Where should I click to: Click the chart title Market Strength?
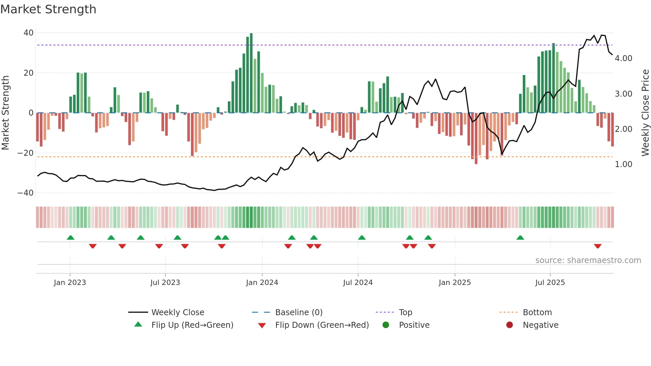coord(48,9)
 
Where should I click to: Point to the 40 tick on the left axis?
coord(29,33)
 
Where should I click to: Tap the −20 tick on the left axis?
coord(26,153)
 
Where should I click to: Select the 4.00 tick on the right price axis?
coord(623,58)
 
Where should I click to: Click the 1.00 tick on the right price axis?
coord(623,164)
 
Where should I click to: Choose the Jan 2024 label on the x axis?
coord(262,283)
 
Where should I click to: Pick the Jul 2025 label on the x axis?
coord(550,283)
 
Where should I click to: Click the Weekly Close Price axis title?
coord(645,113)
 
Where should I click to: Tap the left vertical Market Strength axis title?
coord(5,113)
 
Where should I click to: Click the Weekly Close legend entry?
coord(177,313)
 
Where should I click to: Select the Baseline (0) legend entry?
coord(299,313)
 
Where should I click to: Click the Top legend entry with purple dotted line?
coord(405,313)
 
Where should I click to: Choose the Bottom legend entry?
coord(537,313)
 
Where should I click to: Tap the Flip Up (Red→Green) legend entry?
coord(192,325)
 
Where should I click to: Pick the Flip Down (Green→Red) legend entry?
coord(322,325)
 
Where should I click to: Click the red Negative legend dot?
coord(510,325)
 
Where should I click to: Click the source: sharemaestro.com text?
coord(588,260)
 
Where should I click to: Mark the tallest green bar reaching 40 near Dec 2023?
coord(251,73)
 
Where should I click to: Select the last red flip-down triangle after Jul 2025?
coord(598,246)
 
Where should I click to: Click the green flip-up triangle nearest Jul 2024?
coord(362,237)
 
